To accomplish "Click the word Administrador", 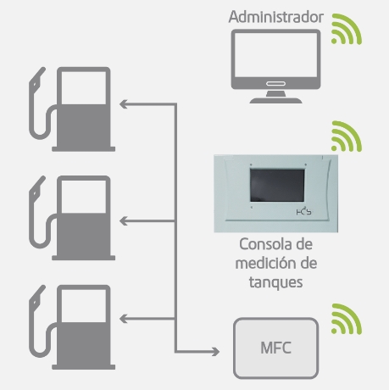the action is point(276,17).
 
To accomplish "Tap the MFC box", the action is point(276,348).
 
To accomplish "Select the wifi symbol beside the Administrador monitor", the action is point(347,29).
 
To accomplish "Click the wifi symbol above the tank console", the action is point(347,136).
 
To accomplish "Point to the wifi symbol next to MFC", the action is point(347,319).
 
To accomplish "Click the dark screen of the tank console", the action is point(277,186).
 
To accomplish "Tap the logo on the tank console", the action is point(304,212).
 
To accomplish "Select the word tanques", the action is point(276,282).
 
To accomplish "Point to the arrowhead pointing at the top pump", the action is point(124,104).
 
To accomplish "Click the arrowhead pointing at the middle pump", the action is point(124,221).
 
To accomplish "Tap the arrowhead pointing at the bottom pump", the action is point(124,319).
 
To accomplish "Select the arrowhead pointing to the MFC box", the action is point(216,352).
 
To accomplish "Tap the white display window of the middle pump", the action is point(84,197).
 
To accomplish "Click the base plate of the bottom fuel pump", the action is point(84,367).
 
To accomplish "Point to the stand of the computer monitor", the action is point(276,97).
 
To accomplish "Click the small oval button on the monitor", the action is point(276,84).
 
